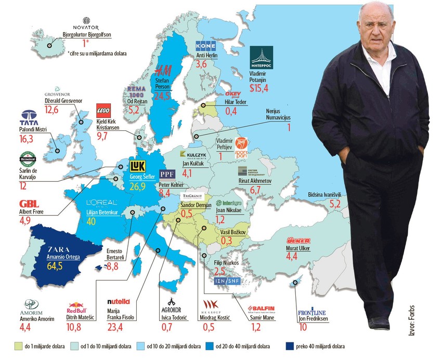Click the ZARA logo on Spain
coord(61,249)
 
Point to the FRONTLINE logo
coord(312,312)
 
